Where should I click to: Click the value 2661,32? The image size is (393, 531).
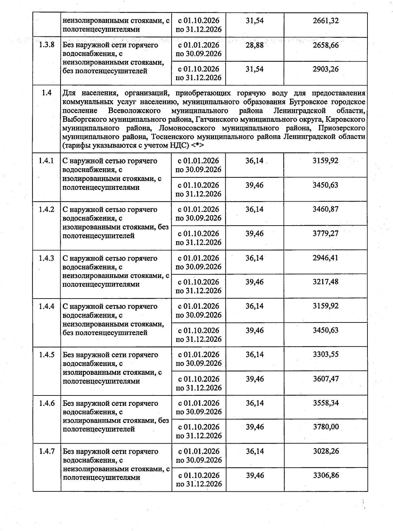coord(326,21)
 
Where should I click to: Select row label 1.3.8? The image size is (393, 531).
coord(47,45)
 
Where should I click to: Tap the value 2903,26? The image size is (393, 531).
coord(326,69)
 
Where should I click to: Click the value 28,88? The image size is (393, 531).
coord(254,45)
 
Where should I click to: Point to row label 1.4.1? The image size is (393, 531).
coord(47,161)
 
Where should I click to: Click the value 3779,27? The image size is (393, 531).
coord(326,234)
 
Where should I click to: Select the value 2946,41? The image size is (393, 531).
coord(326,258)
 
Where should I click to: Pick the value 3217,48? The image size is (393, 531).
coord(326,282)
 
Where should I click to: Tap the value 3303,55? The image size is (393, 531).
coord(326,355)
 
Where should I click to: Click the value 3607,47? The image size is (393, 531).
coord(326,379)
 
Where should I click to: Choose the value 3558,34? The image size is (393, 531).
coord(326,403)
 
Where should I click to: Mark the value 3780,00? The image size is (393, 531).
coord(326,427)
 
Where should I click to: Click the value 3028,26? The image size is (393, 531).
coord(326,451)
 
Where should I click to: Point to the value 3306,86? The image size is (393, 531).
coord(326,475)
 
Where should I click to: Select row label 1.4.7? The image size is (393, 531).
coord(47,451)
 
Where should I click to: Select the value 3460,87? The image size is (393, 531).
coord(326,209)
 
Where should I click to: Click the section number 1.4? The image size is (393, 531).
coord(47,93)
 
